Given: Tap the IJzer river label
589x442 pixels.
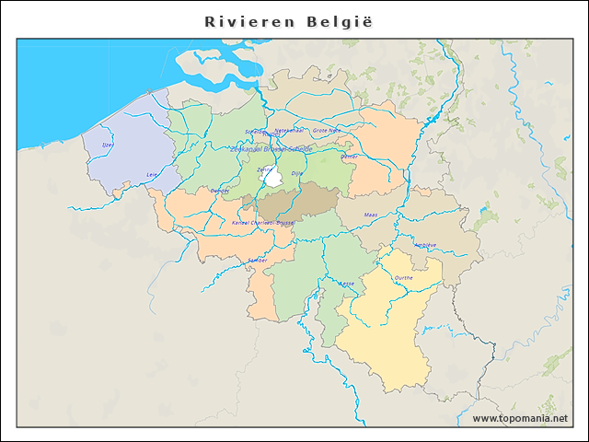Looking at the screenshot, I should pyautogui.click(x=108, y=145).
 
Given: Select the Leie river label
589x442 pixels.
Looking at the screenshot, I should pyautogui.click(x=153, y=174).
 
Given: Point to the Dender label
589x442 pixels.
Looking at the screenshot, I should pyautogui.click(x=220, y=191).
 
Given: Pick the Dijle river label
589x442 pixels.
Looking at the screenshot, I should pyautogui.click(x=296, y=173).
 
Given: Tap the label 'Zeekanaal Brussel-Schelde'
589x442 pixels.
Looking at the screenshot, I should pyautogui.click(x=273, y=148).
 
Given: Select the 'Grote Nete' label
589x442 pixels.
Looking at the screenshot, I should pyautogui.click(x=327, y=131).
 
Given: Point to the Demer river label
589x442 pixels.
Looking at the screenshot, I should pyautogui.click(x=350, y=157).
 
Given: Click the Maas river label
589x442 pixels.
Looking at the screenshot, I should pyautogui.click(x=371, y=214).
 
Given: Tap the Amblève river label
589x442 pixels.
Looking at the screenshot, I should pyautogui.click(x=425, y=245).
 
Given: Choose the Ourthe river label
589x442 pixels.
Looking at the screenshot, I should pyautogui.click(x=403, y=277).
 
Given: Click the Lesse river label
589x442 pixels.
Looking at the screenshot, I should pyautogui.click(x=347, y=284).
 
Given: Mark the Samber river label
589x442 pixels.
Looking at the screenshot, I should pyautogui.click(x=257, y=261).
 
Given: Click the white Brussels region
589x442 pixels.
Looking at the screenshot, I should pyautogui.click(x=273, y=177).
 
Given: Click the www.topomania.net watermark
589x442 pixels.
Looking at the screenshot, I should pyautogui.click(x=520, y=418).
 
